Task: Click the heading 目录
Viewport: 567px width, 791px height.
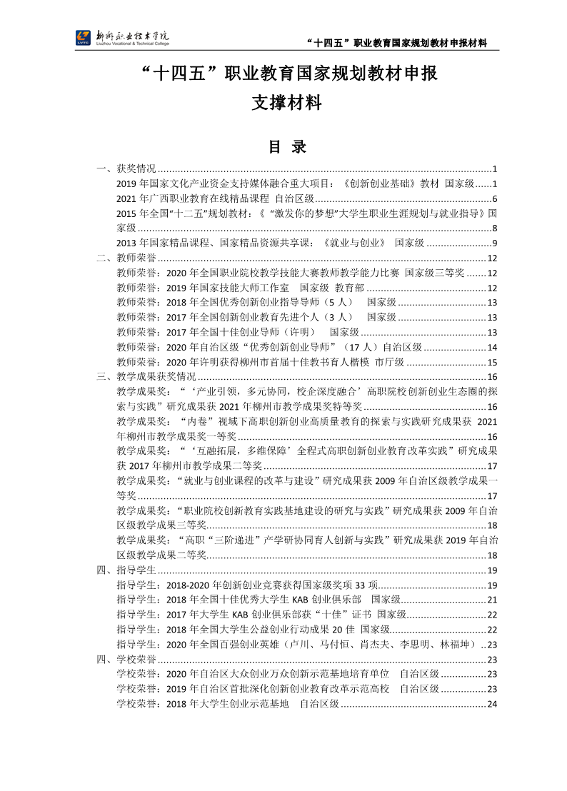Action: tap(286, 147)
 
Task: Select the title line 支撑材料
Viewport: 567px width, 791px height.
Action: tap(286, 104)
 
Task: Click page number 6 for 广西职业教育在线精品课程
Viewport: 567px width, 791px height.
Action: tap(494, 198)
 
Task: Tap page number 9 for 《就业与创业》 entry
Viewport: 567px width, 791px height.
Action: tap(494, 243)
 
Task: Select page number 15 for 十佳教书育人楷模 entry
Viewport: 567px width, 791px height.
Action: tap(492, 362)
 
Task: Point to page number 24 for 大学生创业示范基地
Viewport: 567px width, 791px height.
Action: tap(492, 703)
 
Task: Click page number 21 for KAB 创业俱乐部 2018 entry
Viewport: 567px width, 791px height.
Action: tap(492, 599)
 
